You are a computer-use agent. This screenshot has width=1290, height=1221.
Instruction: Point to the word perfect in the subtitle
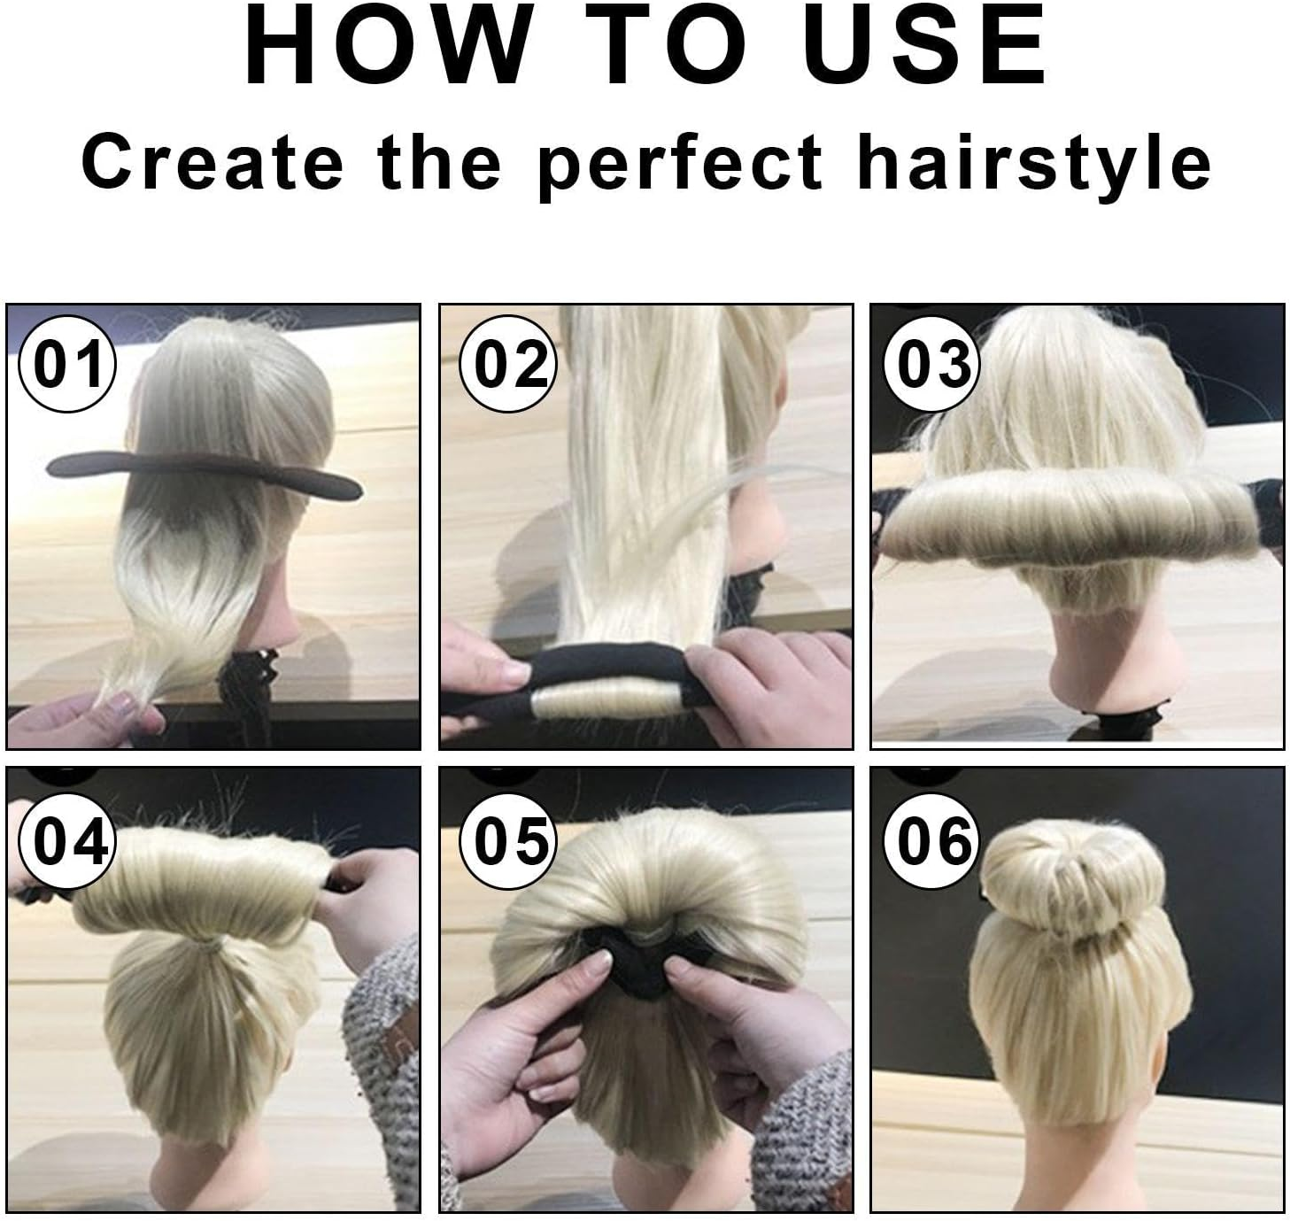[680, 163]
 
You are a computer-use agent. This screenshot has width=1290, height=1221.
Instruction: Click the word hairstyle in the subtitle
[1034, 163]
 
